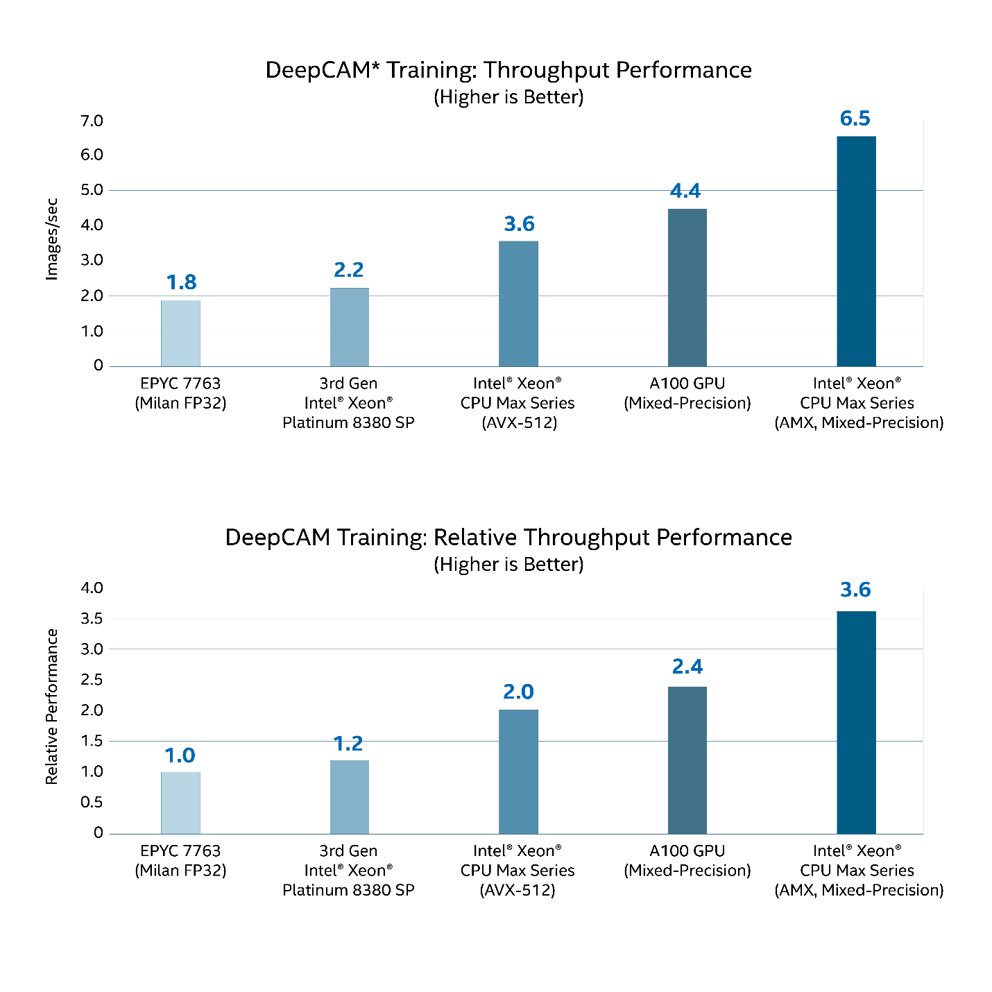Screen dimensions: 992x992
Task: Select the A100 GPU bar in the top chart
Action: click(687, 287)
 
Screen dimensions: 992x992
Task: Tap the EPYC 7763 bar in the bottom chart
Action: click(180, 803)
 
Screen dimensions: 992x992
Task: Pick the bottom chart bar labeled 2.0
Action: click(518, 771)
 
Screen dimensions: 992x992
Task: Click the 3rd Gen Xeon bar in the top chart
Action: click(349, 327)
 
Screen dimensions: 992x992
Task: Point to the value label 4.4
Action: click(685, 191)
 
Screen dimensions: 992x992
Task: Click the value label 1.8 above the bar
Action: click(181, 282)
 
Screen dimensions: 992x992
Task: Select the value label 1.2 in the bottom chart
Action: click(348, 744)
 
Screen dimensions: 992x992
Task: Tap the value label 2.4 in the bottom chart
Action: click(687, 667)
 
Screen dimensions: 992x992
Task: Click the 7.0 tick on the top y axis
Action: click(92, 121)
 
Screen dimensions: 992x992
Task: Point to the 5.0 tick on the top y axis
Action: click(92, 190)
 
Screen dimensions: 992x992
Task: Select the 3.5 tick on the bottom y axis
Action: click(92, 618)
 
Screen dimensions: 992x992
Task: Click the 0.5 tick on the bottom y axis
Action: click(92, 802)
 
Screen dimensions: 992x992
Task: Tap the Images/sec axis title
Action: click(51, 239)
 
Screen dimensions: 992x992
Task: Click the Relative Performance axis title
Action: click(51, 706)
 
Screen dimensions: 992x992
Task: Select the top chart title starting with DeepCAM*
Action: click(508, 70)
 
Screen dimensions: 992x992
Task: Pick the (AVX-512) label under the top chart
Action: click(519, 422)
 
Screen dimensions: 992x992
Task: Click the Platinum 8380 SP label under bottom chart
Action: click(348, 890)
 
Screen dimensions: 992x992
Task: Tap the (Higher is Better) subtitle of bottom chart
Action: click(508, 565)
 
